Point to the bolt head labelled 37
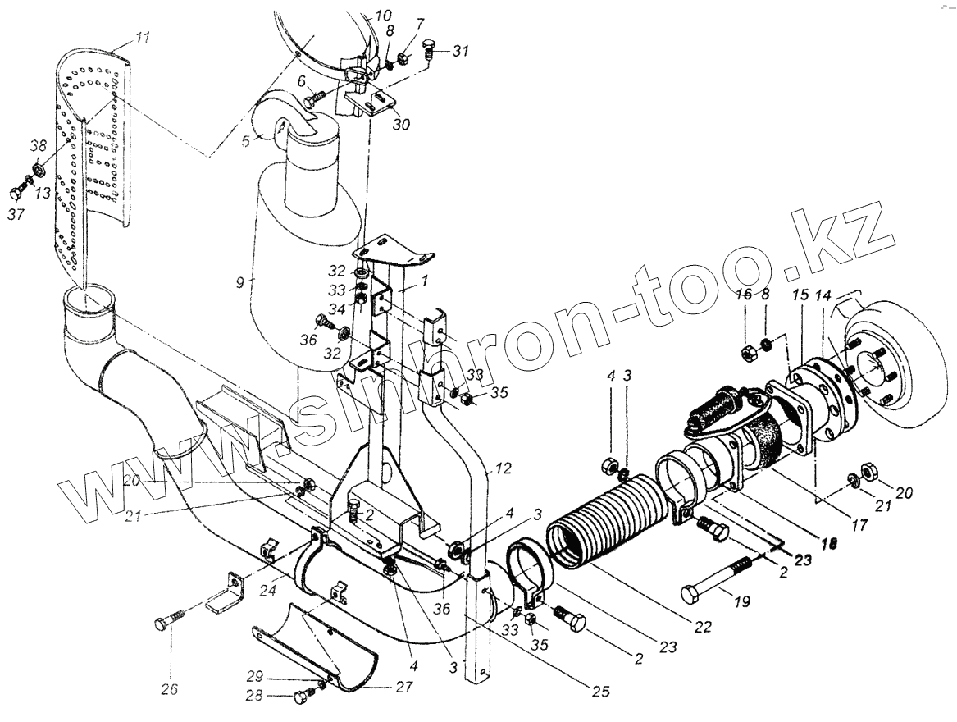pyautogui.click(x=18, y=194)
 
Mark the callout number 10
pyautogui.click(x=384, y=15)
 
